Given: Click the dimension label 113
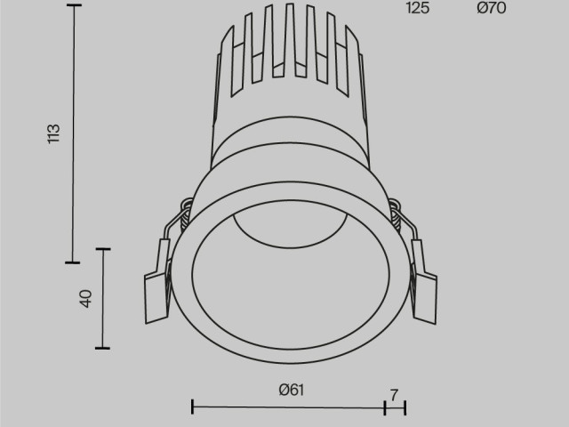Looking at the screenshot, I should tap(54, 133).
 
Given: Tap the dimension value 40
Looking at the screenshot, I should tap(86, 299).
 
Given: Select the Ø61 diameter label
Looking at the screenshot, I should tap(291, 389).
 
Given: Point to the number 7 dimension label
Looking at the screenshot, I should tap(394, 391).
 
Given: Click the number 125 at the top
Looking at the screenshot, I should tap(418, 9).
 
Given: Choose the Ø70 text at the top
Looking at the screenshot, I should tap(491, 9).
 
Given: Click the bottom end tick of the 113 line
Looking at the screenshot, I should tap(73, 262).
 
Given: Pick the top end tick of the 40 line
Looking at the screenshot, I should tap(105, 249).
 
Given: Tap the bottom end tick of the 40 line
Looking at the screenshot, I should tap(105, 348).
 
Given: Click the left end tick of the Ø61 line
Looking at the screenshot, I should tap(193, 407).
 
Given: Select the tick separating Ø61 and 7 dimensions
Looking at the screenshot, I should tap(384, 407).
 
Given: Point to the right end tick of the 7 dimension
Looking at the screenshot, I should tap(405, 407).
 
